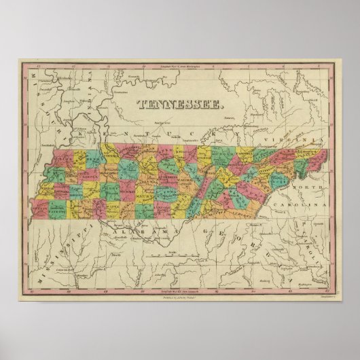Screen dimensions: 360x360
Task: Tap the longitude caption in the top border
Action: pos(179,66)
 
